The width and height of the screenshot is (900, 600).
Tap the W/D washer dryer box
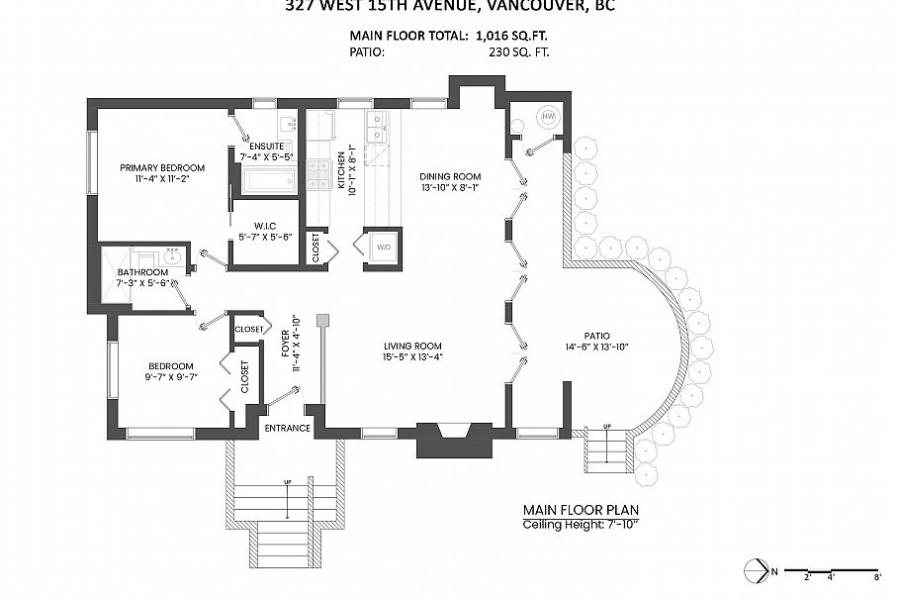click(380, 248)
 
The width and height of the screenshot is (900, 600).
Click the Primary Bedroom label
click(162, 167)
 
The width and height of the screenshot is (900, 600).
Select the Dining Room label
click(449, 174)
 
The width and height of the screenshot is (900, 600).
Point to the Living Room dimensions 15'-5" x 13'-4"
click(411, 358)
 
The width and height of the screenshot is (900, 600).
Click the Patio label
click(595, 335)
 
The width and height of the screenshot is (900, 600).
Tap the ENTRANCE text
click(287, 429)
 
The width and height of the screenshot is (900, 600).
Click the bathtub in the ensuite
click(269, 180)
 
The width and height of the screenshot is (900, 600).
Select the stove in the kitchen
click(319, 175)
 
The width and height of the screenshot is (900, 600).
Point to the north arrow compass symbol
click(759, 570)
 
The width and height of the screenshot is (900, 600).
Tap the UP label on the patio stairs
click(606, 427)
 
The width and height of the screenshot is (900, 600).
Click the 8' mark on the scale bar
click(877, 575)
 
